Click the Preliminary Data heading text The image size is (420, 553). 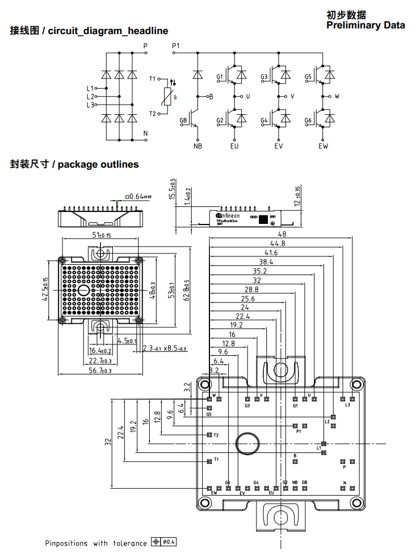[366, 25]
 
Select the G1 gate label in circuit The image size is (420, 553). [220, 77]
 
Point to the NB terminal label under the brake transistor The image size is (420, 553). [198, 146]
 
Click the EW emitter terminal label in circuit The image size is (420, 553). [323, 146]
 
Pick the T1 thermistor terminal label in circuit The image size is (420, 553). [153, 78]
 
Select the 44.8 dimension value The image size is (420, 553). [278, 243]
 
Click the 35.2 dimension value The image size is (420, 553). [259, 271]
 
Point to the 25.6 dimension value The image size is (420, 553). [248, 298]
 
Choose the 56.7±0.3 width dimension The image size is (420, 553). [101, 370]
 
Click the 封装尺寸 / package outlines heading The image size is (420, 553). [74, 164]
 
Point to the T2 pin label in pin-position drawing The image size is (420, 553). [216, 435]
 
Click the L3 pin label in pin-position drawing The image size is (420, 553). [347, 405]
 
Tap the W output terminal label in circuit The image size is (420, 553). [337, 97]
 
